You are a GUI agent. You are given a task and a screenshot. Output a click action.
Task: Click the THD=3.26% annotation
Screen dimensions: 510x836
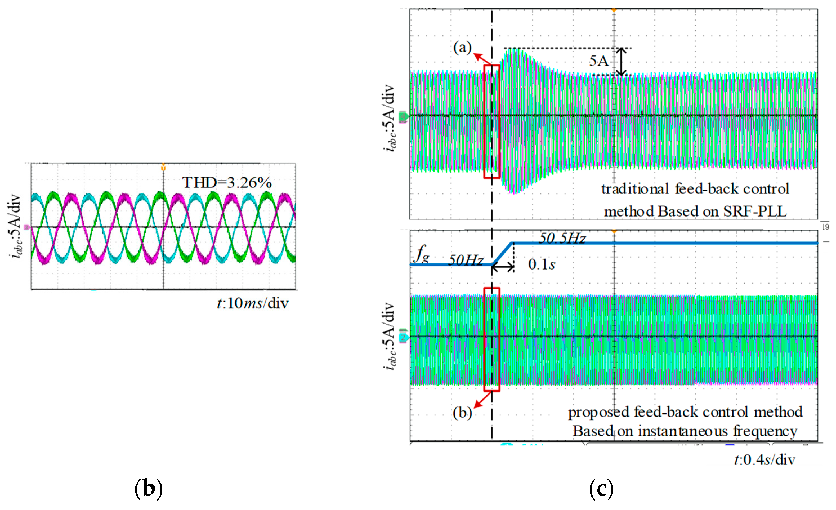click(x=227, y=183)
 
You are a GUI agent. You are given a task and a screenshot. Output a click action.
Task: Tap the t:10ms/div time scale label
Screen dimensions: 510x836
click(x=252, y=303)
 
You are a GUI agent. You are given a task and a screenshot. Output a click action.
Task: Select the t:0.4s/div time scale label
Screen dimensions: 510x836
click(x=765, y=460)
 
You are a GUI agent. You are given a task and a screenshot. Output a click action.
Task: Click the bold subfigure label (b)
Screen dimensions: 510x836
click(x=149, y=489)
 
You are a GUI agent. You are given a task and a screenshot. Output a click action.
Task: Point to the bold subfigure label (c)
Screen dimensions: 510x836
click(x=601, y=489)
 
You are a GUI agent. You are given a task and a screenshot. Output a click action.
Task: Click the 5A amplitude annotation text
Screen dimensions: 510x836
click(x=599, y=61)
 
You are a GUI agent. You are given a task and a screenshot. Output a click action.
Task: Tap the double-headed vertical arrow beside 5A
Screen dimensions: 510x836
click(x=621, y=61)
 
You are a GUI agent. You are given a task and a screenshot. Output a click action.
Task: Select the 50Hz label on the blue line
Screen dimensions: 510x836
click(x=466, y=260)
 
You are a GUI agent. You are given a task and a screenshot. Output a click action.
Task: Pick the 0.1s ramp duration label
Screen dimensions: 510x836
click(x=542, y=264)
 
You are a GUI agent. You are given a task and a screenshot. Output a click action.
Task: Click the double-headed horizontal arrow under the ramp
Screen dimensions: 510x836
click(x=503, y=268)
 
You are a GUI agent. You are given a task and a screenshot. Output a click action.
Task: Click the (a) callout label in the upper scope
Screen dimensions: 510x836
click(x=462, y=48)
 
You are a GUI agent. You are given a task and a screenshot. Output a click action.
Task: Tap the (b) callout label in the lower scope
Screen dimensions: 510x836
click(x=462, y=413)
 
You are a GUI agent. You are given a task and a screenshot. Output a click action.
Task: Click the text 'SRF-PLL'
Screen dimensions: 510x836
click(x=755, y=211)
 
